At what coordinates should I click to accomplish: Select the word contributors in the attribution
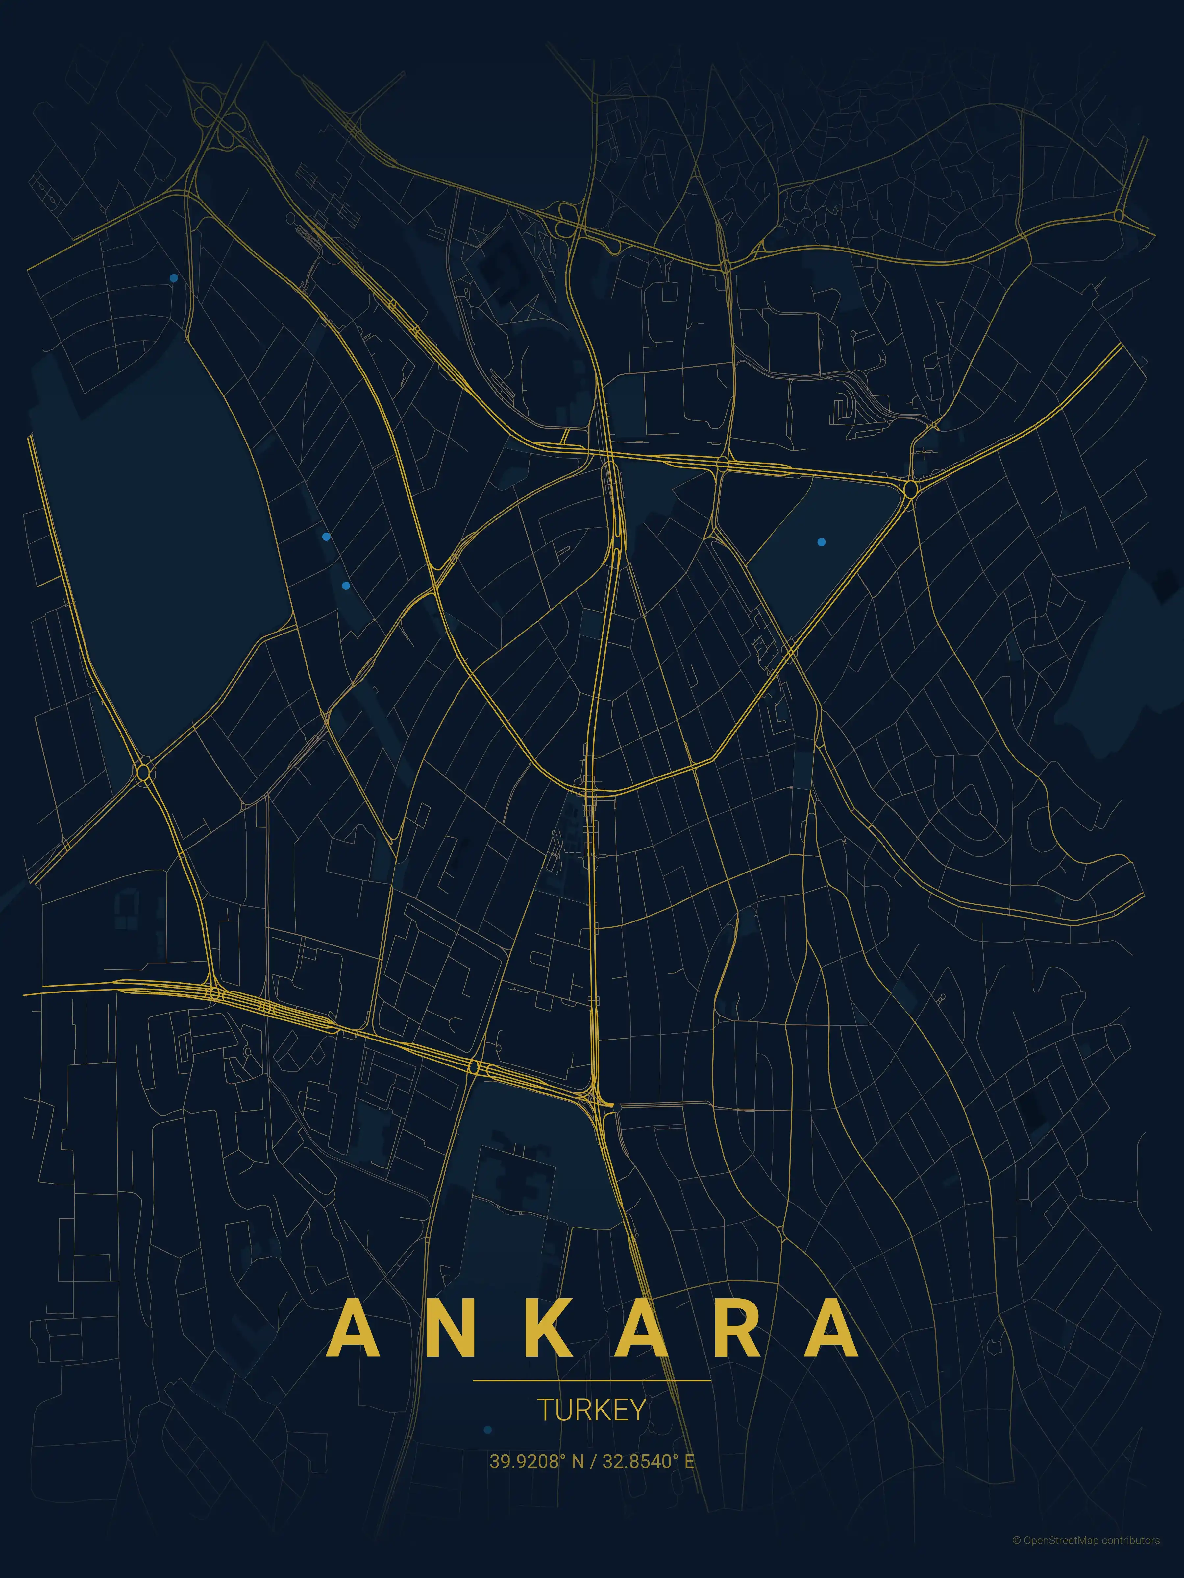tap(1130, 1555)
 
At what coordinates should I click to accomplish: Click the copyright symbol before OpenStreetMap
tap(1016, 1555)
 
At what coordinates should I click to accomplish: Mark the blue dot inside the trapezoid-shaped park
tap(822, 542)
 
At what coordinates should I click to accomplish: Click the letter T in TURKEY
tap(543, 1410)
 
